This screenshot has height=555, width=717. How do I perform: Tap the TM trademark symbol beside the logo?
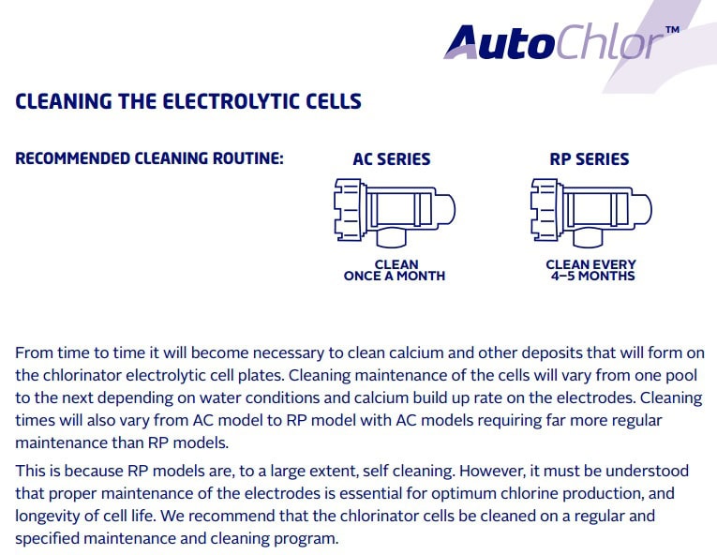point(672,30)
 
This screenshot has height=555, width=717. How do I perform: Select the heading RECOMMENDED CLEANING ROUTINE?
point(150,158)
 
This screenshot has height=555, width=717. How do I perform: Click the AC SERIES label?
point(392,158)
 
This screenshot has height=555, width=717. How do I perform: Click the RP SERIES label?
point(590,158)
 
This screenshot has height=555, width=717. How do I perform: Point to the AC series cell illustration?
point(395,213)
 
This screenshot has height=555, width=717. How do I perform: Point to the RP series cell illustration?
point(591,213)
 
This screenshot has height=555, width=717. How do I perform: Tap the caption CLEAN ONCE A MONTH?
point(395,270)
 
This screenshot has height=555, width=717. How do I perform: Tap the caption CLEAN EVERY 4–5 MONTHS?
point(591,270)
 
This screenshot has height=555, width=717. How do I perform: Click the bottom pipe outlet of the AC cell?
point(392,237)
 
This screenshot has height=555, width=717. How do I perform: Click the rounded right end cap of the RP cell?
point(641,210)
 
